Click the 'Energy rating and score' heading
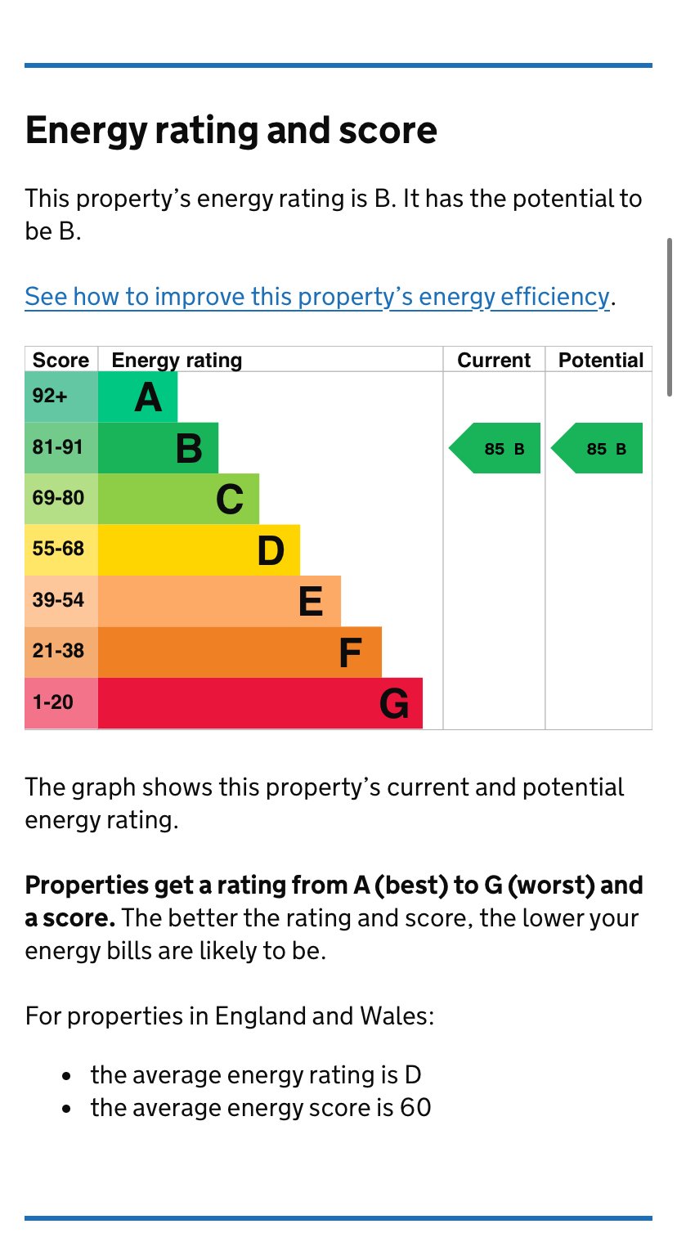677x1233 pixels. [231, 131]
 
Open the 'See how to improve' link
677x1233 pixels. [317, 297]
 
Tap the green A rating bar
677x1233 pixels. [137, 397]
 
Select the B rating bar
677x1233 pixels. [158, 448]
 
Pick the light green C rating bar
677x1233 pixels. [178, 499]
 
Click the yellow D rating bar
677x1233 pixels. [199, 550]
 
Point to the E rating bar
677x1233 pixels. [219, 601]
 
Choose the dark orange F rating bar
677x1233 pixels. [240, 652]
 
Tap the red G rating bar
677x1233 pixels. [260, 703]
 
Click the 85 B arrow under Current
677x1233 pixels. [496, 448]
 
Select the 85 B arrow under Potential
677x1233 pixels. [599, 448]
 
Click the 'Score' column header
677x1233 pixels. [61, 361]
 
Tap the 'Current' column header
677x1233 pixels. [494, 361]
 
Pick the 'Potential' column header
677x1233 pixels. [601, 361]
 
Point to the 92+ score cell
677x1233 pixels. [61, 397]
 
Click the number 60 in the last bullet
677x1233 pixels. [415, 1108]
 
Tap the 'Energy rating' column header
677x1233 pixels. [177, 361]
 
